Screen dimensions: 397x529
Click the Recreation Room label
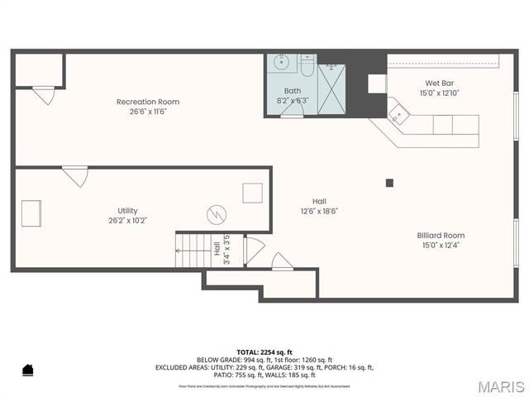[x=147, y=102]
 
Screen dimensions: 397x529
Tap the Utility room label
[x=127, y=210]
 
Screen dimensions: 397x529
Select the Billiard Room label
[x=441, y=235]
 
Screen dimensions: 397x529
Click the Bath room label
[x=293, y=90]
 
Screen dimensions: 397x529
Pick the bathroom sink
[x=280, y=63]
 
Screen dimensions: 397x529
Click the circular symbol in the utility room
[x=216, y=215]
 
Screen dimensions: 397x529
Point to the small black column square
[x=390, y=183]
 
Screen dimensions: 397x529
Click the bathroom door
[x=292, y=114]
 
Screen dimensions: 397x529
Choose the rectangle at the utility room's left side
[x=31, y=212]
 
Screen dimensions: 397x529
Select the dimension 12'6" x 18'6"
[x=319, y=211]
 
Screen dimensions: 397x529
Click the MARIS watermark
[x=500, y=386]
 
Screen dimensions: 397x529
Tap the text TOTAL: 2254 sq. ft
[x=264, y=352]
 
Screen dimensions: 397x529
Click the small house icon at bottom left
[x=27, y=369]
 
